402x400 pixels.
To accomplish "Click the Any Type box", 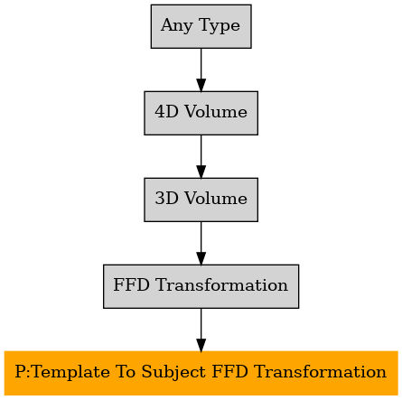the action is tap(201, 26).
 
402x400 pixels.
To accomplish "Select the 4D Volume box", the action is tap(201, 113).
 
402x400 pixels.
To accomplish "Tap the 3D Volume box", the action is tap(201, 200).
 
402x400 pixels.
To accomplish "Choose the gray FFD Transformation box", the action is tap(201, 286).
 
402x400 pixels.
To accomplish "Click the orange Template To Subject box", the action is tap(201, 373).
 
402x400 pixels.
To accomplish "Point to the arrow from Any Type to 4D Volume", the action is tap(201, 70).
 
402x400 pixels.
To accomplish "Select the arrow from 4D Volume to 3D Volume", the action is tap(201, 156).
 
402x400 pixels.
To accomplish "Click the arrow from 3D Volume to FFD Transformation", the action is tap(201, 243).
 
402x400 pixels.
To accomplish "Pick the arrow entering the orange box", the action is tap(201, 330).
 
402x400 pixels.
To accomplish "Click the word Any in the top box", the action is tap(177, 26).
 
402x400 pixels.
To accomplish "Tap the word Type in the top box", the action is tap(220, 26).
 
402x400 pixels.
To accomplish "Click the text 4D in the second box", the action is tap(166, 112).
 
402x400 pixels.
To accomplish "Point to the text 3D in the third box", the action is tap(166, 199).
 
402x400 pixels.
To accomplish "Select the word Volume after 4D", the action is tap(216, 112).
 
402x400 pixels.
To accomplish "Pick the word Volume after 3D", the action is tap(216, 199).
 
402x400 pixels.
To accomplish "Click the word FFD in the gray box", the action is tap(131, 285).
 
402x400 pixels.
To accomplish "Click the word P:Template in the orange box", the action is tap(62, 373).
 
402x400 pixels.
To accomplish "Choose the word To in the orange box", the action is tap(126, 372).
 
